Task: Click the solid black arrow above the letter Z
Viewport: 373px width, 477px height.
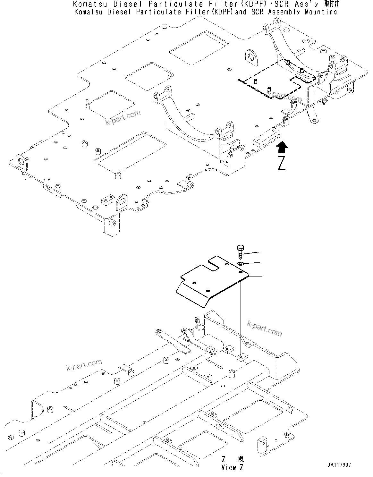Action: click(x=281, y=148)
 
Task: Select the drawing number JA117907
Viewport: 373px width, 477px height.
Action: click(x=339, y=464)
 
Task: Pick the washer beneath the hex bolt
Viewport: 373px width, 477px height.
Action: click(x=241, y=263)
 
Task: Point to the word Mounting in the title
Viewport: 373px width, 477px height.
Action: click(x=321, y=12)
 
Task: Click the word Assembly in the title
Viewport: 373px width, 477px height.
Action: click(x=285, y=12)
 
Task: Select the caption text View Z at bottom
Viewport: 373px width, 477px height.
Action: click(x=232, y=467)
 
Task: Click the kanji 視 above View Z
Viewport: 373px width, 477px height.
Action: click(x=240, y=459)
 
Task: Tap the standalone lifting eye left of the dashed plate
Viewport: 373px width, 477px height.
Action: click(x=252, y=56)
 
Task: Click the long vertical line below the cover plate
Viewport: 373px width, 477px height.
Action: click(x=241, y=318)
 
